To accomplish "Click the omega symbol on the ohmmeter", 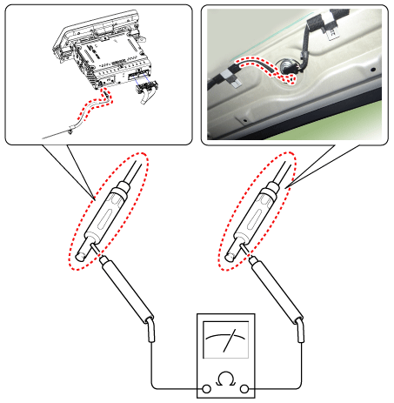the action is pyautogui.click(x=225, y=379).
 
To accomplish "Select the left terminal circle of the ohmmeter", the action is pyautogui.click(x=206, y=389).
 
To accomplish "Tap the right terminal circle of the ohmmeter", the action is pyautogui.click(x=244, y=389).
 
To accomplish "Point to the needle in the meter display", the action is pyautogui.click(x=230, y=340).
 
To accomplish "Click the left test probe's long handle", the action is pyautogui.click(x=127, y=291).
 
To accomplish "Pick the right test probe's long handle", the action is pyautogui.click(x=277, y=291).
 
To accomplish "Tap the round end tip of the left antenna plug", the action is pyautogui.click(x=80, y=257).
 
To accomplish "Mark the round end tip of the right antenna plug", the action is pyautogui.click(x=230, y=257).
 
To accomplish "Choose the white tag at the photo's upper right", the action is pyautogui.click(x=331, y=31).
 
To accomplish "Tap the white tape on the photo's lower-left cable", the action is pyautogui.click(x=232, y=77).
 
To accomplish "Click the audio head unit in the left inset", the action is pyautogui.click(x=103, y=50).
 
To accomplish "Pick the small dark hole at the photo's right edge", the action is pyautogui.click(x=373, y=70).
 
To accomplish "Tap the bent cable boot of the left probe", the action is pyautogui.click(x=151, y=330).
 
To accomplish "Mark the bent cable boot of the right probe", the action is pyautogui.click(x=301, y=330).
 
